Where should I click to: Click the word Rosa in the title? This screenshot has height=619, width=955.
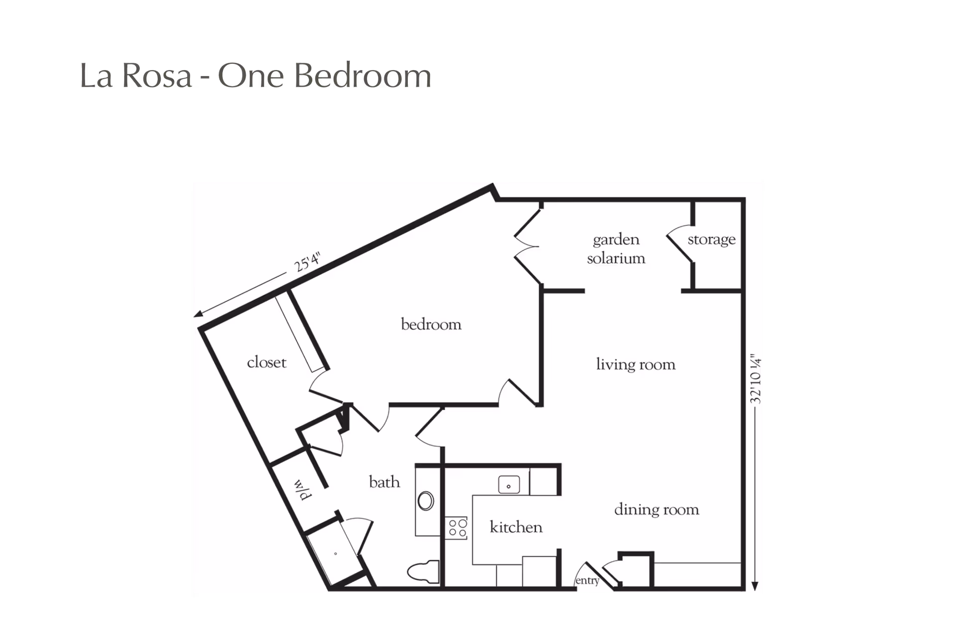pos(157,76)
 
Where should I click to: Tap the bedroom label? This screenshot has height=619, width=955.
pos(431,324)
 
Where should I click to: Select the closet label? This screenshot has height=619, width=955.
pos(267,362)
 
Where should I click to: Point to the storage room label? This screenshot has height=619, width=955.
pos(711,240)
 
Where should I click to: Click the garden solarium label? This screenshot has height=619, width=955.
pos(616,249)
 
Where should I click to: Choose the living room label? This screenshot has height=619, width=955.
pos(636,365)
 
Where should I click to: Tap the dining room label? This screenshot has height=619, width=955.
pos(657,510)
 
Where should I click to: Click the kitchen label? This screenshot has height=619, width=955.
pos(516,527)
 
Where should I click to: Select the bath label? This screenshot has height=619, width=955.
pos(384,482)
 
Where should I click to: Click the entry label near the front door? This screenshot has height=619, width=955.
pos(587,581)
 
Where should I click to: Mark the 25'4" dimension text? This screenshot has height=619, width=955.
pos(307,262)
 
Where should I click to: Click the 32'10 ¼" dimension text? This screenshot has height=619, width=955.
pos(756,379)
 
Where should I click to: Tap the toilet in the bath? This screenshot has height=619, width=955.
pos(423,572)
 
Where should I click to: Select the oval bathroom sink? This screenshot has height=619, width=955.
pos(426,501)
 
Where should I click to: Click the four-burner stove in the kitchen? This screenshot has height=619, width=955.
pos(457,528)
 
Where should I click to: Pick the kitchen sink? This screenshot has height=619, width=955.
pos(509,485)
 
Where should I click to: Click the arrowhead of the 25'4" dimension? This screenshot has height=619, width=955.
pos(198,313)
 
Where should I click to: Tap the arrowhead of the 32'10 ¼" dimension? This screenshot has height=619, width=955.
pos(755,586)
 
